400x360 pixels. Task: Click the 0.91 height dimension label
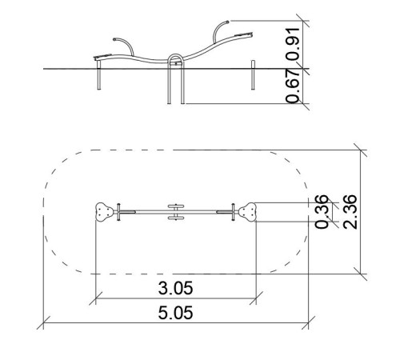coord(293,44)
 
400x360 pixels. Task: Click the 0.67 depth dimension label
coord(293,86)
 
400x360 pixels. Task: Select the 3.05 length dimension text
coord(175,288)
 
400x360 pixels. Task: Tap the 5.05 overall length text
coord(175,313)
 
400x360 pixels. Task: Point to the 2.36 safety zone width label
coord(350,212)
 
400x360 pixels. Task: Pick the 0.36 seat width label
coord(322,212)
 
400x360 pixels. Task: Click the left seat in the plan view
coord(104,212)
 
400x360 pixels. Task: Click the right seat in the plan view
coord(247,212)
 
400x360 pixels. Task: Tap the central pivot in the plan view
coord(176,212)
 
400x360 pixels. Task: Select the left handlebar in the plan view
coord(118,212)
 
